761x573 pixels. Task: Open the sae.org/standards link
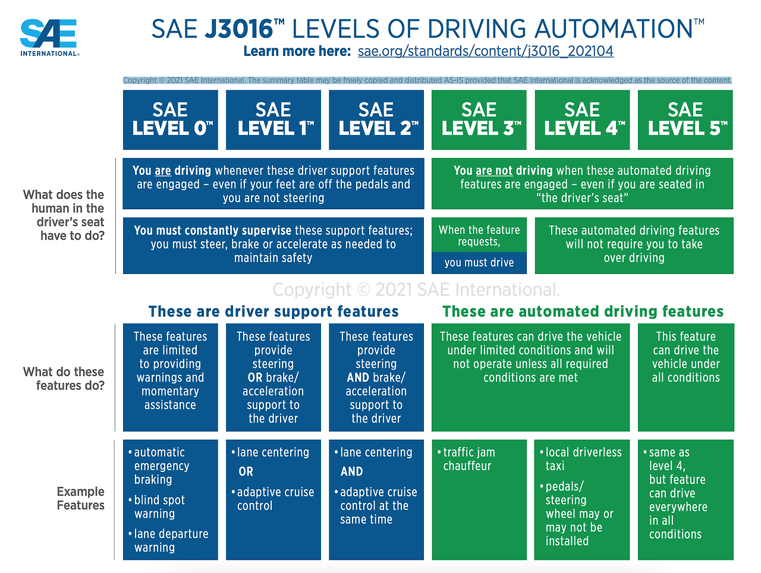[485, 51]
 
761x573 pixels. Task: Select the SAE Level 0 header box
[171, 119]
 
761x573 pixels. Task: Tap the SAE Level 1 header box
[273, 119]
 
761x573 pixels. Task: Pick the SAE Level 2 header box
[376, 119]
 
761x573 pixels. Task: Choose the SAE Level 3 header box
[479, 119]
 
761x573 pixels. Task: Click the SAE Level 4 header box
[583, 119]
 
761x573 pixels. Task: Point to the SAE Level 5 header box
[685, 119]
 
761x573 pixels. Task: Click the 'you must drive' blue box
[479, 263]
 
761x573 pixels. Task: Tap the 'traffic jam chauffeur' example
[468, 459]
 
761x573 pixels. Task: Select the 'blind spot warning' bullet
[159, 506]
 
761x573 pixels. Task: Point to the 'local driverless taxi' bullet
[583, 459]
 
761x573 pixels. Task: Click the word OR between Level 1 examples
[246, 471]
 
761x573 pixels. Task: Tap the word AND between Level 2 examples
[352, 471]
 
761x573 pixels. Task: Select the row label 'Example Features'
[80, 498]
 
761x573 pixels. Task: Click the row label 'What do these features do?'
[64, 379]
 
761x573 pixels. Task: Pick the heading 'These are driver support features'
[273, 311]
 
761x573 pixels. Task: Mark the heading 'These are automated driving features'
[583, 311]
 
